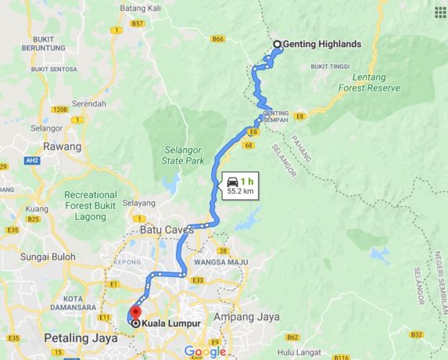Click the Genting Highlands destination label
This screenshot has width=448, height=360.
point(322,45)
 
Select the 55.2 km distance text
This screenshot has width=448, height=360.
point(240,190)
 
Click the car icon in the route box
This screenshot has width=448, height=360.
point(232,180)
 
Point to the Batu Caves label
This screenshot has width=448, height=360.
point(167,230)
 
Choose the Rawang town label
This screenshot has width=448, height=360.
point(63,146)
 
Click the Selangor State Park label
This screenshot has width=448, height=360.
point(184,155)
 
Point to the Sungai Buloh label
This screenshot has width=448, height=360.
point(48,256)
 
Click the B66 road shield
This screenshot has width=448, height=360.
point(218,38)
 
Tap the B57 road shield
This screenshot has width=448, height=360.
point(138,23)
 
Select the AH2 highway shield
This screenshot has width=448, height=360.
point(32,160)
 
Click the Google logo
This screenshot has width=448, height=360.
point(205,351)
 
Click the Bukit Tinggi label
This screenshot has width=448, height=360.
point(330,67)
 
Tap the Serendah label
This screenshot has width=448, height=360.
point(88,103)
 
